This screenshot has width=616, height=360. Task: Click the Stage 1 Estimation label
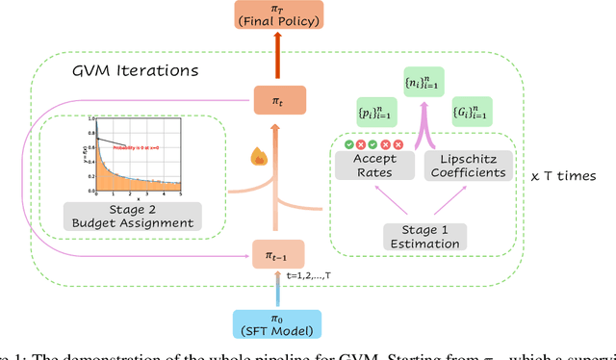[423, 236]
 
